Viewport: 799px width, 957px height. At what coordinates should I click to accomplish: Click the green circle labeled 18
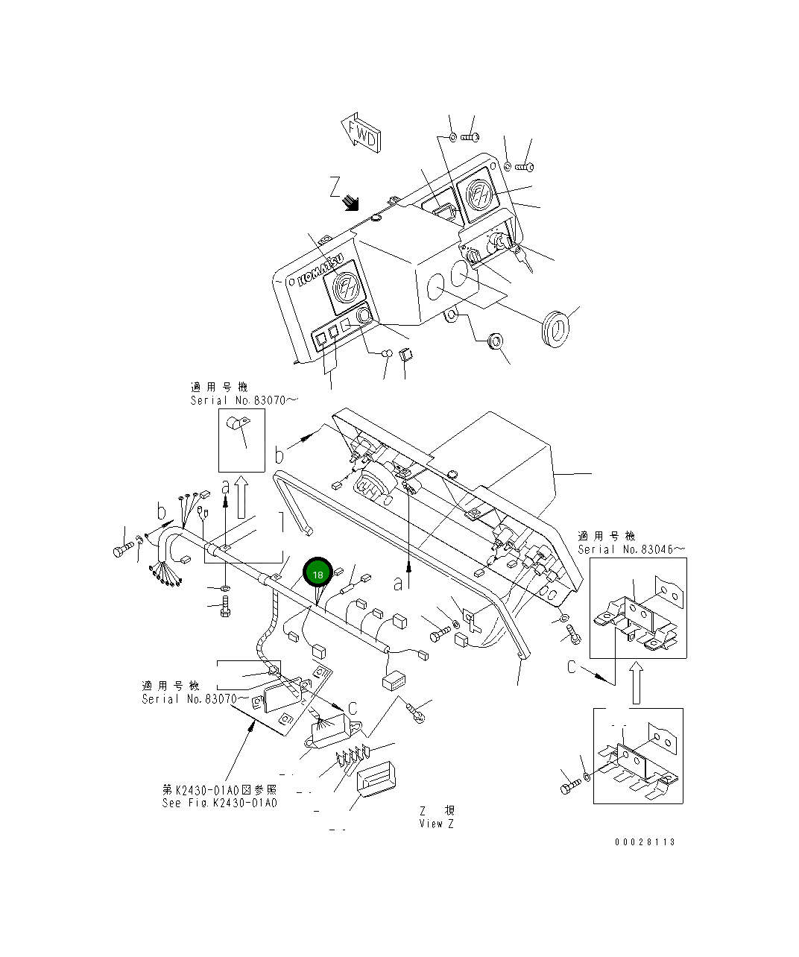pos(318,574)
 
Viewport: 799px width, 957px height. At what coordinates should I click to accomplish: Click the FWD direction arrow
pos(361,133)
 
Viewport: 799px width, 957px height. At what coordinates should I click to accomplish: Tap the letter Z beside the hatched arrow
pos(335,186)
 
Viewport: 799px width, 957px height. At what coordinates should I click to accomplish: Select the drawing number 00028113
pos(645,841)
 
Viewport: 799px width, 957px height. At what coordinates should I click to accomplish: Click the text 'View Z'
pos(436,823)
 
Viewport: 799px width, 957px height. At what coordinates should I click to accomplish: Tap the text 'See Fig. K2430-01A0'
pos(220,803)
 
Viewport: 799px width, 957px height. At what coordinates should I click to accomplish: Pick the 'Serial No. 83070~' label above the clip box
pos(244,400)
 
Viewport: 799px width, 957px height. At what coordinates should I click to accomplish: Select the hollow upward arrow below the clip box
pos(241,497)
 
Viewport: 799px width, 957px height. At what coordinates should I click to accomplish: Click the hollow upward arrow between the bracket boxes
pos(636,683)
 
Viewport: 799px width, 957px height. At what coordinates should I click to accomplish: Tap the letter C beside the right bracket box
pos(572,666)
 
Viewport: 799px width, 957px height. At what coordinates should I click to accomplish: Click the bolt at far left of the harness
pos(123,552)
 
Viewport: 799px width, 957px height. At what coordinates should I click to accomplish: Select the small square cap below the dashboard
pos(405,354)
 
